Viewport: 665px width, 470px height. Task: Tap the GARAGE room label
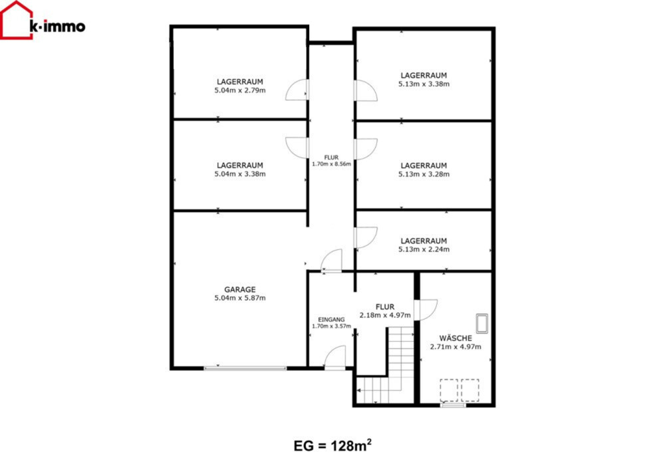point(240,289)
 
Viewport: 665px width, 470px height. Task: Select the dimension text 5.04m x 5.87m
point(240,298)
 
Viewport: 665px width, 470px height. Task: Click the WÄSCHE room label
point(456,338)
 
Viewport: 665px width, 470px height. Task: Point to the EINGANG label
point(331,320)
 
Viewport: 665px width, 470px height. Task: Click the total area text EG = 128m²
point(333,445)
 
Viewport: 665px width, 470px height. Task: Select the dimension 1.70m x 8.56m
point(331,164)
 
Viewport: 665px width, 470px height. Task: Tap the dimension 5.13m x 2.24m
point(424,249)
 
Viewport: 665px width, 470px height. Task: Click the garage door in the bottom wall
point(245,368)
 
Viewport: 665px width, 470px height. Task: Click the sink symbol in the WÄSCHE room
point(481,323)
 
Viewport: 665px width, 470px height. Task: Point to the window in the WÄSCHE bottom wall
point(453,406)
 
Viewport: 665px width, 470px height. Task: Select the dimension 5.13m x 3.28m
point(424,174)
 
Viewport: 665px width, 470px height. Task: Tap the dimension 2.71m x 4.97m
point(456,346)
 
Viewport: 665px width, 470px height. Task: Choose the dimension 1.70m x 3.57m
point(331,326)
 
